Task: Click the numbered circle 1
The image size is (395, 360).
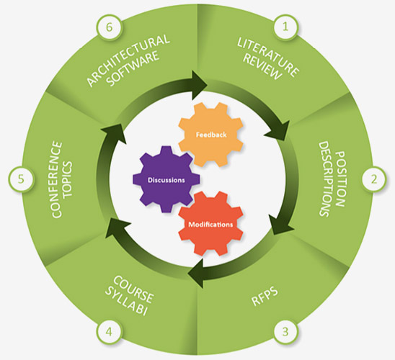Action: pyautogui.click(x=285, y=27)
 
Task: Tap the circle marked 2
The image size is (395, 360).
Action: pyautogui.click(x=374, y=179)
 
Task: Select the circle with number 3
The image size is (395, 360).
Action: pyautogui.click(x=285, y=332)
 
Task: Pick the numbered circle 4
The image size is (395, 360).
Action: pyautogui.click(x=109, y=332)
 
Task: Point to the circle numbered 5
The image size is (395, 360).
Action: pyautogui.click(x=21, y=179)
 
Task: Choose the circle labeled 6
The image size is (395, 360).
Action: pyautogui.click(x=109, y=27)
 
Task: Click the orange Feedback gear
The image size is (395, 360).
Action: pyautogui.click(x=211, y=135)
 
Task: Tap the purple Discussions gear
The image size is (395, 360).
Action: pyautogui.click(x=167, y=179)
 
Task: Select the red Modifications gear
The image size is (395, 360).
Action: pyautogui.click(x=210, y=224)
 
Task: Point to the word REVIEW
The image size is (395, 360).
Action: pyautogui.click(x=262, y=67)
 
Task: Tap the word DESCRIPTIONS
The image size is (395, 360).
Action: pyautogui.click(x=324, y=179)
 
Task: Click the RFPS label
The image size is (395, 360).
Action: pyautogui.click(x=265, y=297)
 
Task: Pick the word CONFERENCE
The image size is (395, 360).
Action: pyautogui.click(x=57, y=179)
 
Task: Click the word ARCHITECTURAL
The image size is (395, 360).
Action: pyautogui.click(x=128, y=60)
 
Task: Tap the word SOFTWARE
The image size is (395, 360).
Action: pyautogui.click(x=133, y=68)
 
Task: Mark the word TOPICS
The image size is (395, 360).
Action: pyautogui.click(x=68, y=179)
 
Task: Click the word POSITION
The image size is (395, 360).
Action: pyautogui.click(x=339, y=179)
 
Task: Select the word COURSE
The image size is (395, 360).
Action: pyautogui.click(x=133, y=289)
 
